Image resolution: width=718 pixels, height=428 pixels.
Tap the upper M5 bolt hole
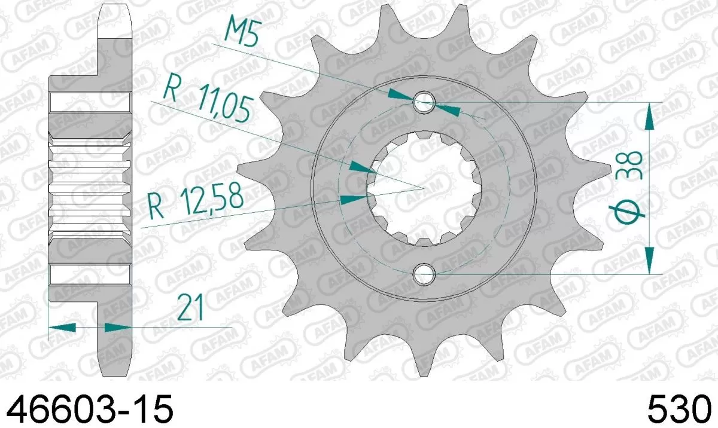tap(424, 101)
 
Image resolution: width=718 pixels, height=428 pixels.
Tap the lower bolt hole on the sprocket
tap(424, 274)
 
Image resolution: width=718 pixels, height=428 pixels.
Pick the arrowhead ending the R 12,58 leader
tap(353, 198)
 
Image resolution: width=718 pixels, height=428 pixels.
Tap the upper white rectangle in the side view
tap(90, 102)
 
